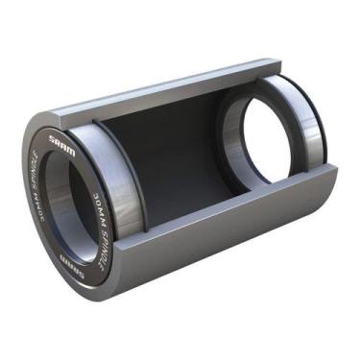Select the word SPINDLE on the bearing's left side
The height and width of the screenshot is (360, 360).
(x=36, y=173)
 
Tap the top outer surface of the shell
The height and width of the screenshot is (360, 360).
(x=144, y=81)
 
